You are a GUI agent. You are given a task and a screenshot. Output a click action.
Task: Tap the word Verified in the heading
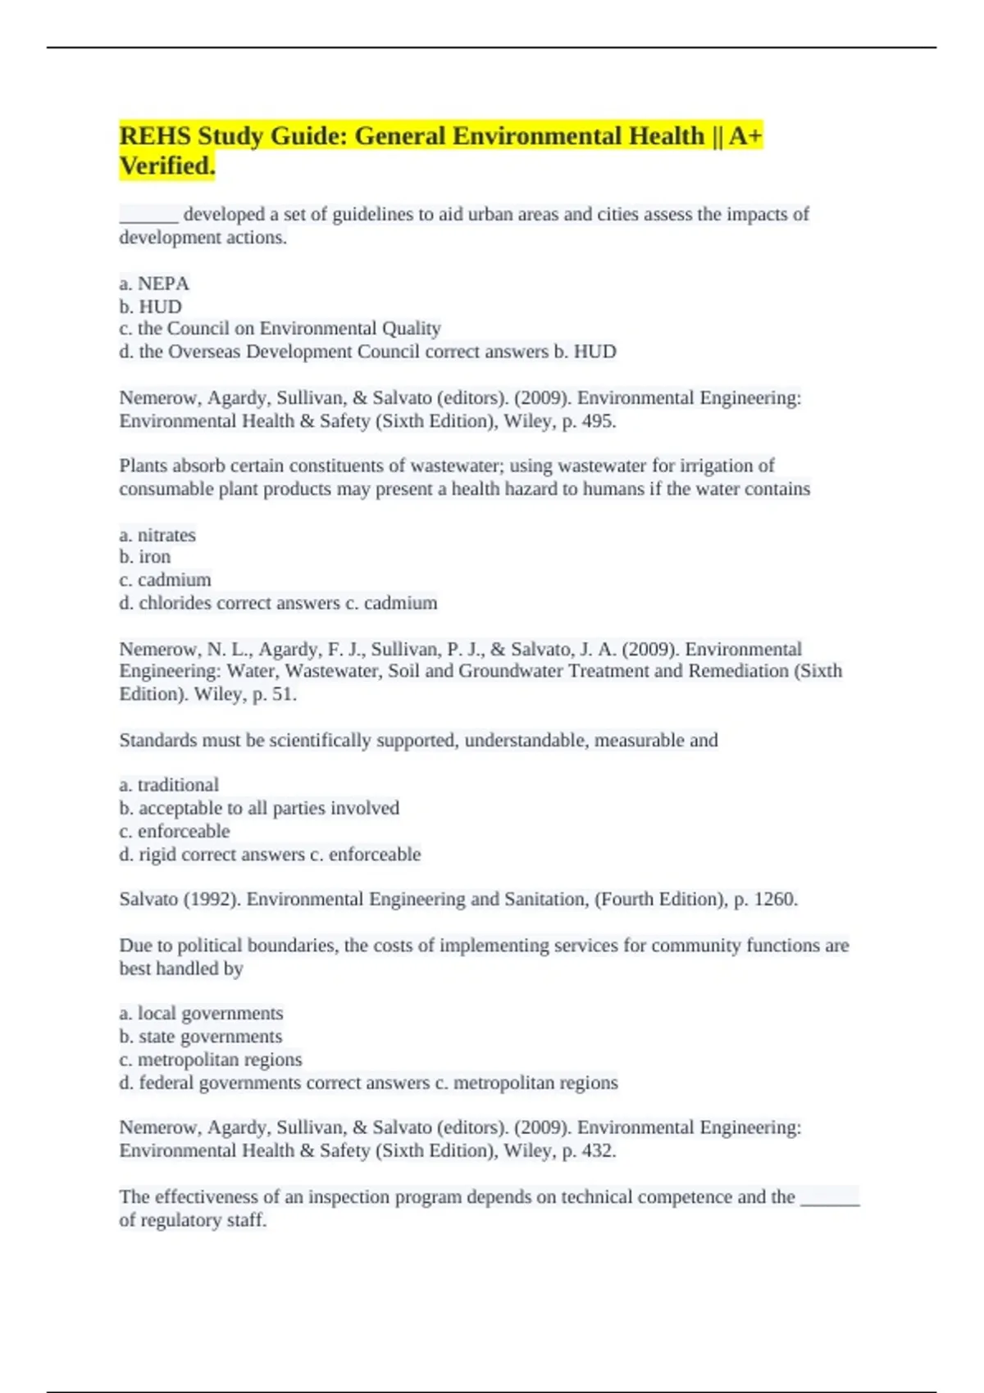pyautogui.click(x=166, y=166)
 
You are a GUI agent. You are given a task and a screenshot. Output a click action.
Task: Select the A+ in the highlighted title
pyautogui.click(x=745, y=136)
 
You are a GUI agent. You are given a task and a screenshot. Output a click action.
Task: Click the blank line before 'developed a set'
pyautogui.click(x=148, y=216)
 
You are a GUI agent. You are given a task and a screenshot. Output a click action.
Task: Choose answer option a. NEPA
pyautogui.click(x=154, y=284)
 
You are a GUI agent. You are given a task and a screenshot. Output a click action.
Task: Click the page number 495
pyautogui.click(x=597, y=421)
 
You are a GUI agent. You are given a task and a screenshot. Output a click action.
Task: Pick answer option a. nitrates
pyautogui.click(x=157, y=535)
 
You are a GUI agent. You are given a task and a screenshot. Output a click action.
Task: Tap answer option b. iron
pyautogui.click(x=145, y=557)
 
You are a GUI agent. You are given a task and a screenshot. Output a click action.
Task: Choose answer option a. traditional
pyautogui.click(x=169, y=785)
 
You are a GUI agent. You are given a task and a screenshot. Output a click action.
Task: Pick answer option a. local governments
pyautogui.click(x=201, y=1014)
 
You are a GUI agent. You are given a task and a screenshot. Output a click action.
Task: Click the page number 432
pyautogui.click(x=597, y=1150)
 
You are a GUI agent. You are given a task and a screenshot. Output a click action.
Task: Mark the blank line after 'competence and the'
pyautogui.click(x=830, y=1200)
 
